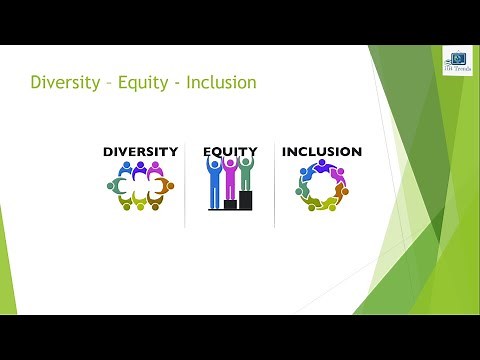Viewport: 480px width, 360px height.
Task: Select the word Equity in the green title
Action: tap(145, 82)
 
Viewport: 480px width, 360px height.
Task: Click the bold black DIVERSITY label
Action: tap(140, 152)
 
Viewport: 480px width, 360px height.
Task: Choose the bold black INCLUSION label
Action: tap(321, 152)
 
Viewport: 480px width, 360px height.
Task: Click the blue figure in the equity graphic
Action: tap(214, 180)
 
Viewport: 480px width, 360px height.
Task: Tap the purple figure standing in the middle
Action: tap(230, 178)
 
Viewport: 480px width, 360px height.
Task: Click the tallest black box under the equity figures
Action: tap(245, 199)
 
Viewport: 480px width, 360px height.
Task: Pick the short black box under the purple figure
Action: tap(230, 204)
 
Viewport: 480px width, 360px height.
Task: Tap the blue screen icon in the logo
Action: tap(458, 59)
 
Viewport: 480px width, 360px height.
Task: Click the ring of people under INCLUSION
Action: tap(322, 186)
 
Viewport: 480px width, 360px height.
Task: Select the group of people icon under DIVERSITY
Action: tap(140, 186)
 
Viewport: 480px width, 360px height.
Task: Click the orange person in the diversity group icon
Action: tap(169, 186)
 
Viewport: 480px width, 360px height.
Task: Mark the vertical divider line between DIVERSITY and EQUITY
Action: tap(185, 185)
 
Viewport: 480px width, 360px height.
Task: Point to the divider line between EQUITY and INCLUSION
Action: tap(275, 185)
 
